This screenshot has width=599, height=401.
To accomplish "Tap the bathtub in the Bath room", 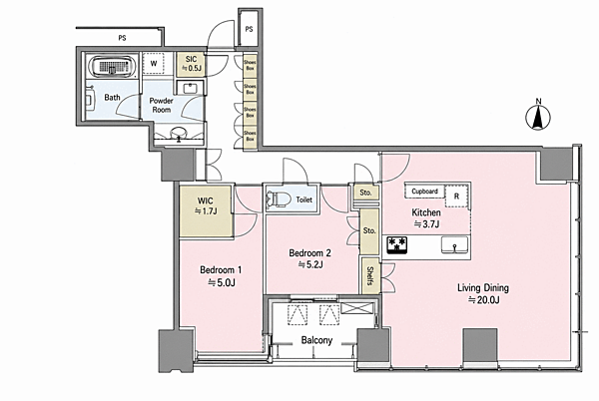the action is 112,67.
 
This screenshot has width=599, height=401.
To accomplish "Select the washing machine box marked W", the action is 154,63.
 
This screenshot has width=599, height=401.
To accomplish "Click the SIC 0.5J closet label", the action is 191,63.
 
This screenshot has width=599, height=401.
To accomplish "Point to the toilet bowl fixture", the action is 277,200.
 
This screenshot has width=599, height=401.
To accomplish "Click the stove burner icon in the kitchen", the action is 397,245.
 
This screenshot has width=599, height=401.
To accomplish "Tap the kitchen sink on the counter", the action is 454,245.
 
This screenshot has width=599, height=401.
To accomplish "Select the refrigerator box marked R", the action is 456,197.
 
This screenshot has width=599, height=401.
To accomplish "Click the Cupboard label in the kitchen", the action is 424,192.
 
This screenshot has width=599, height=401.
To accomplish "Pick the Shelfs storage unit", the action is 369,275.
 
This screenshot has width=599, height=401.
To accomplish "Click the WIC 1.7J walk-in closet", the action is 207,211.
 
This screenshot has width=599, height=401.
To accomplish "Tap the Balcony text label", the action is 316,340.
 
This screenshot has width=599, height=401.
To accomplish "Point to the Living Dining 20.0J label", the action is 483,293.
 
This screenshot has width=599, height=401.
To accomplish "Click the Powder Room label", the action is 161,105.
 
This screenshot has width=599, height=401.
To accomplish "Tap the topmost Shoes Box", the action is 250,65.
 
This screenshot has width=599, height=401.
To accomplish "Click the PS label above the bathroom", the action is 122,38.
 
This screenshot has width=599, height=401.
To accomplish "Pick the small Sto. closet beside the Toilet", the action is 366,193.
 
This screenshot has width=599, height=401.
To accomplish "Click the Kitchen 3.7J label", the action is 426,217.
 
